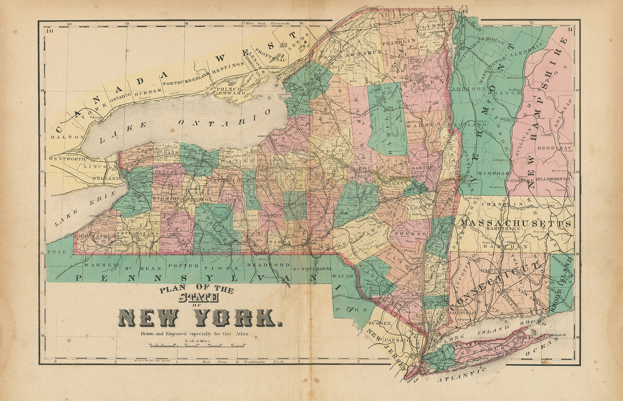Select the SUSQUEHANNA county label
click(312, 269)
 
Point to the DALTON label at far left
click(67, 137)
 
